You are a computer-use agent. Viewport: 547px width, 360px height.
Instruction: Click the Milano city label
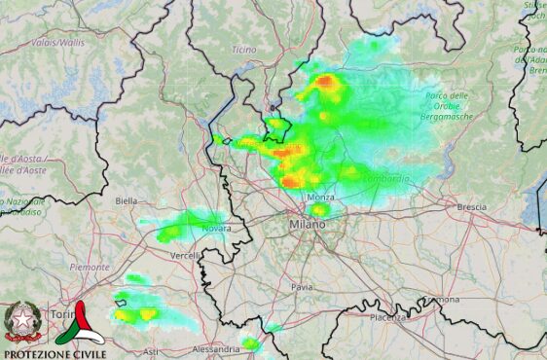(308, 226)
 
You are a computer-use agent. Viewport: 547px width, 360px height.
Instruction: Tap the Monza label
(320, 198)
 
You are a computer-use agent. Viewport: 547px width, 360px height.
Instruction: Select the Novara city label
(216, 229)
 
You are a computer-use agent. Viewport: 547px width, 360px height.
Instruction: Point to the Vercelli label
(185, 255)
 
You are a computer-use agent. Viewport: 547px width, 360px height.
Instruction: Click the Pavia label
(302, 288)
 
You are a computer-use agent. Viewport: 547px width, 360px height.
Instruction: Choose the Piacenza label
(386, 318)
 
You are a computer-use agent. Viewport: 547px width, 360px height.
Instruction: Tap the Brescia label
(471, 207)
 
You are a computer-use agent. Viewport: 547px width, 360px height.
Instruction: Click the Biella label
(127, 200)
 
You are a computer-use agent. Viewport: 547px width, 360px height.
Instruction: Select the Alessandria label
(215, 348)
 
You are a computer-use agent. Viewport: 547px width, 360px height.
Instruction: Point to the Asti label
(151, 351)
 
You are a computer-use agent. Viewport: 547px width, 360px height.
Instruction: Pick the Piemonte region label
(90, 266)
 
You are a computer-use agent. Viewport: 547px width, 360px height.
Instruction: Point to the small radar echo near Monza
(318, 209)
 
